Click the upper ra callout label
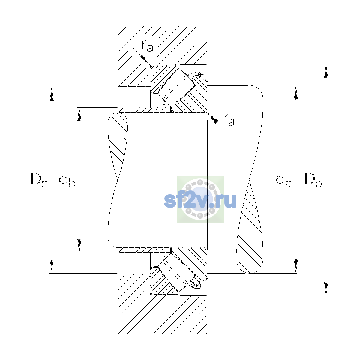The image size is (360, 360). pos(147,46)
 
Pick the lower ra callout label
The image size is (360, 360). pos(229,120)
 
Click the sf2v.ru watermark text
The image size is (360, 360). pos(200,200)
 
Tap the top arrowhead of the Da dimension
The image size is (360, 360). pos(52,94)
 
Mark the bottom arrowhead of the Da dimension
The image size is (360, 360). pos(52,266)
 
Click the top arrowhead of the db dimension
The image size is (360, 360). pos(79,114)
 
